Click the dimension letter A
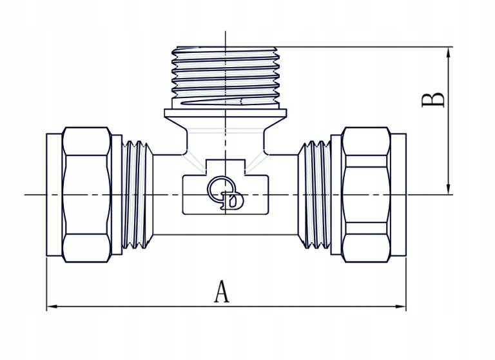click(x=222, y=292)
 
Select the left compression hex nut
click(x=87, y=195)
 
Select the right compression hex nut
click(x=366, y=195)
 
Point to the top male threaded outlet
click(x=226, y=77)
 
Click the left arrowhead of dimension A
click(x=52, y=306)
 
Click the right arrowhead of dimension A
click(x=400, y=306)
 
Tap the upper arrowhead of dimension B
click(x=448, y=53)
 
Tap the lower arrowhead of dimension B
click(x=448, y=188)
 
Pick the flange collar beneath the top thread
click(x=226, y=113)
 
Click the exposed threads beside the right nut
click(x=315, y=195)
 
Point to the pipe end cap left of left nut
click(x=54, y=195)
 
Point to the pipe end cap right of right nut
click(x=398, y=195)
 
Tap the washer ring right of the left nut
click(x=117, y=195)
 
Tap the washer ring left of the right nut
click(x=336, y=195)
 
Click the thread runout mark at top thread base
click(x=211, y=102)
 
